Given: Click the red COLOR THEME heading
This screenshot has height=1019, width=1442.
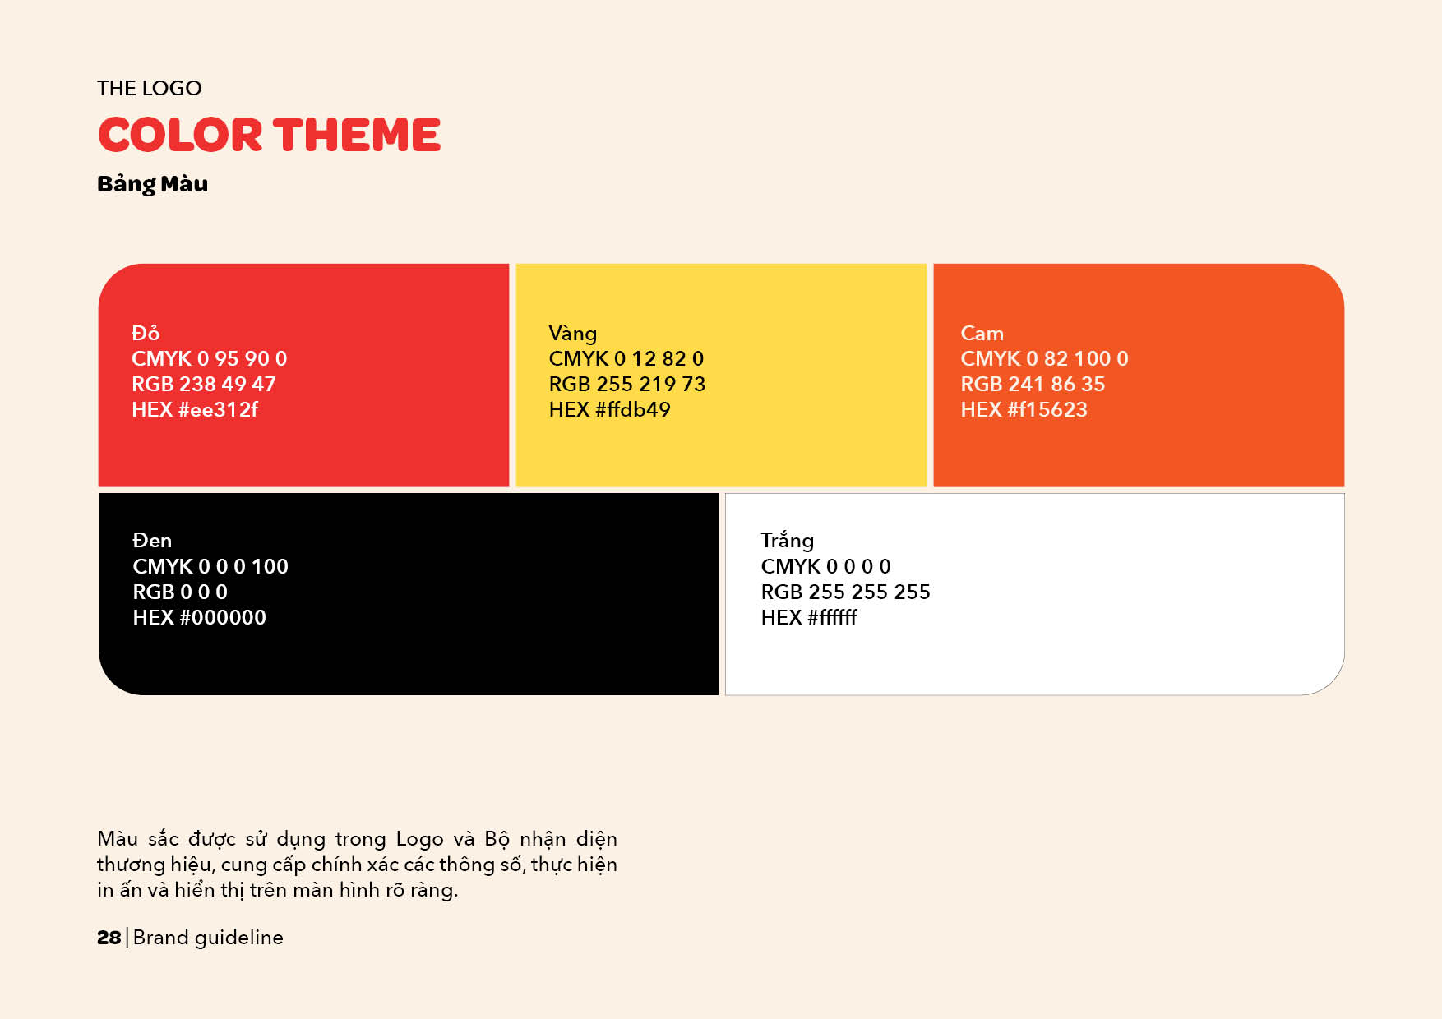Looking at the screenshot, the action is point(270,135).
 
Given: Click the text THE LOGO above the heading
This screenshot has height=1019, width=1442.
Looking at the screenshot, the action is point(150,88).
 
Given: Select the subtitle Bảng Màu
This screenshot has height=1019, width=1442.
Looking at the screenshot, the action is point(153,183).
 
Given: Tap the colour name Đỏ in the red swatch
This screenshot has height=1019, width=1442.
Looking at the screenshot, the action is point(146,333).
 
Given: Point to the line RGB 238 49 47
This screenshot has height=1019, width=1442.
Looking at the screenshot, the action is point(204,384).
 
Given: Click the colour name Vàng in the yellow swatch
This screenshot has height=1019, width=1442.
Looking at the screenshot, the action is point(573,334).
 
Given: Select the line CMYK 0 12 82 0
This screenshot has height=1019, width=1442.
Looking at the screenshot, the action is point(626,358).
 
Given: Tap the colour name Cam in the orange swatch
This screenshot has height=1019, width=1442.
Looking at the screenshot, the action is point(982,333).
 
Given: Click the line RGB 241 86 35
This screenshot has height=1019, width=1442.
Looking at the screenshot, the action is point(1033,384).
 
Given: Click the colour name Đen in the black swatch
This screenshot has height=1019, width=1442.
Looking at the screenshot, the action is point(152,540).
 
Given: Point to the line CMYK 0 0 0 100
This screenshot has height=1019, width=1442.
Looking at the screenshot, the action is point(210,566).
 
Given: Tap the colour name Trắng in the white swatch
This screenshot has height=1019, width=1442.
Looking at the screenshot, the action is point(788,541).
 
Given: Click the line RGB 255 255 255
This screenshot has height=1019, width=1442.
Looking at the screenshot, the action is point(846,592).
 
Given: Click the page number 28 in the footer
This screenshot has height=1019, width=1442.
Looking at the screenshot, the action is point(109,938).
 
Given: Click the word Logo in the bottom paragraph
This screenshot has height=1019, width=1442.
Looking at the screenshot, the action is point(419,839).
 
